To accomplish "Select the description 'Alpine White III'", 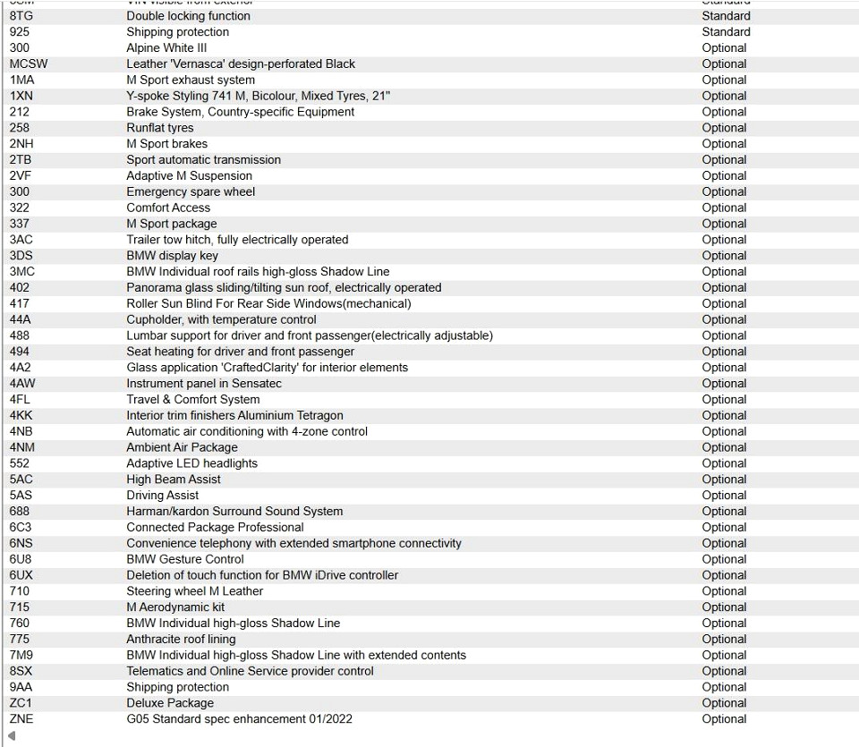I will pos(166,48).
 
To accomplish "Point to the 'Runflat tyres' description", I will pos(159,128).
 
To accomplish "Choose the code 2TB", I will pos(20,160).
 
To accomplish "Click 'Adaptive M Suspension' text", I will pos(189,176).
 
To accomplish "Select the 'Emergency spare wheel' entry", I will pos(191,192).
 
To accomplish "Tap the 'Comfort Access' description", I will pos(168,208).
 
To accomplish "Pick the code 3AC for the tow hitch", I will pos(21,240).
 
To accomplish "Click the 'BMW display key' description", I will pos(172,256).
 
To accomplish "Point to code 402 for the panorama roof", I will pos(20,288).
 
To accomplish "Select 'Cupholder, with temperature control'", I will pos(221,320).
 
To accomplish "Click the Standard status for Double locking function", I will pos(726,16).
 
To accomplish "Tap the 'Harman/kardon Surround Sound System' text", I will pos(234,512).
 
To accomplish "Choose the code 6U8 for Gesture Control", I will pos(21,559).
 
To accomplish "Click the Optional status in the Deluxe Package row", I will pos(724,703).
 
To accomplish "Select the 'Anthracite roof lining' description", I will pos(181,640).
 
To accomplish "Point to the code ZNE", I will pos(21,719).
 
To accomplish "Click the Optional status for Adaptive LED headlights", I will pos(724,463).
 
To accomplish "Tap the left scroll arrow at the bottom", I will pos(12,736).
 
